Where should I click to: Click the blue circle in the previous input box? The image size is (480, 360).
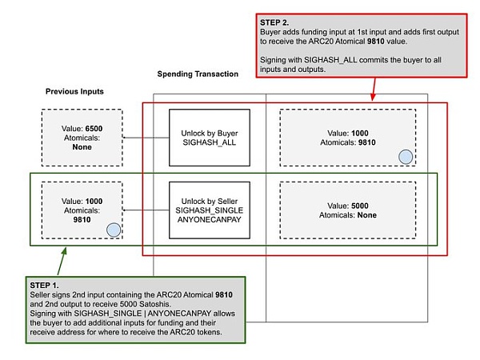coord(114,230)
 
